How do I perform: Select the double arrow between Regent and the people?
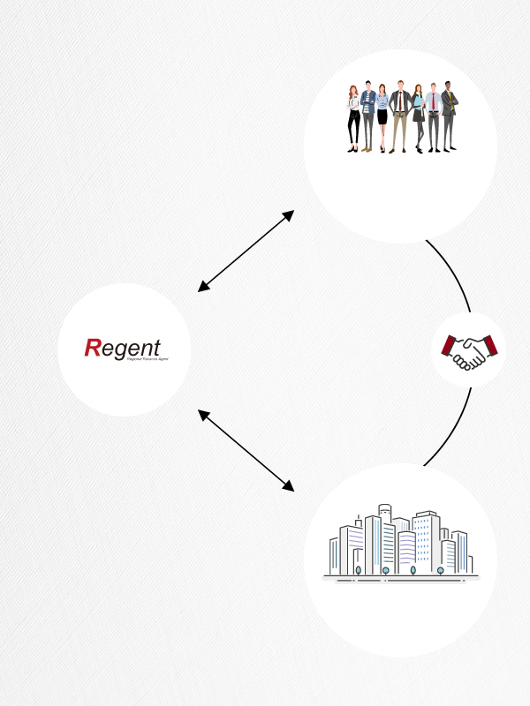click(246, 251)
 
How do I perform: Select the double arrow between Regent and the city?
click(246, 450)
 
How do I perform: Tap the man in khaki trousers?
click(399, 115)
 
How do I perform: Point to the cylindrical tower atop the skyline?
click(384, 514)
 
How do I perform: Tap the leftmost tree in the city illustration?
click(358, 570)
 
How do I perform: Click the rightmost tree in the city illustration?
click(440, 570)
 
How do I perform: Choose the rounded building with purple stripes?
click(353, 547)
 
